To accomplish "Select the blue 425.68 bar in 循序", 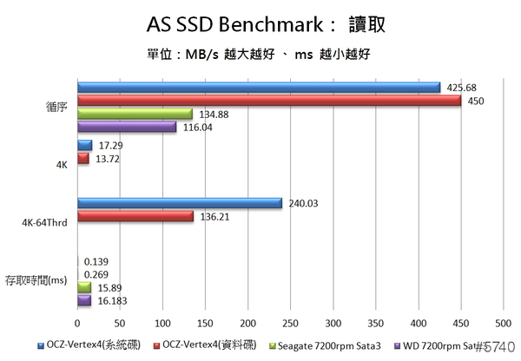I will click(x=258, y=87).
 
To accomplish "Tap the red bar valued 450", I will click(x=268, y=101).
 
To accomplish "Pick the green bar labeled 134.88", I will click(x=135, y=114).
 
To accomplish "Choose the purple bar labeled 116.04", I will click(x=127, y=127).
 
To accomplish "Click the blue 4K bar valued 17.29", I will click(x=84, y=146).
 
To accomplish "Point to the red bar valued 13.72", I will click(x=83, y=159).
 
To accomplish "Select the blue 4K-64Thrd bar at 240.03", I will click(x=180, y=203).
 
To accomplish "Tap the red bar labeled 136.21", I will click(x=135, y=216).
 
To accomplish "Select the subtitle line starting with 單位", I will click(x=260, y=55).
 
